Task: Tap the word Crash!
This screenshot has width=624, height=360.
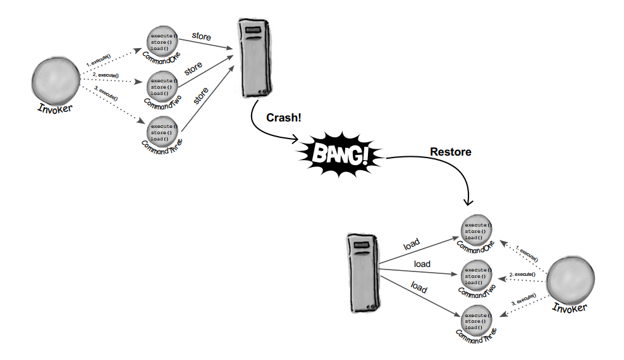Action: click(x=283, y=118)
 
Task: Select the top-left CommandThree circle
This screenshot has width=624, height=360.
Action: click(x=163, y=132)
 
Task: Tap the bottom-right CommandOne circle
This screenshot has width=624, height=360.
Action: click(x=477, y=231)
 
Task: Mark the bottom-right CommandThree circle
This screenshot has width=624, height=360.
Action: click(x=477, y=321)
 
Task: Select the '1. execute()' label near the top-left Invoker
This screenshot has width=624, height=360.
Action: click(x=99, y=61)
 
